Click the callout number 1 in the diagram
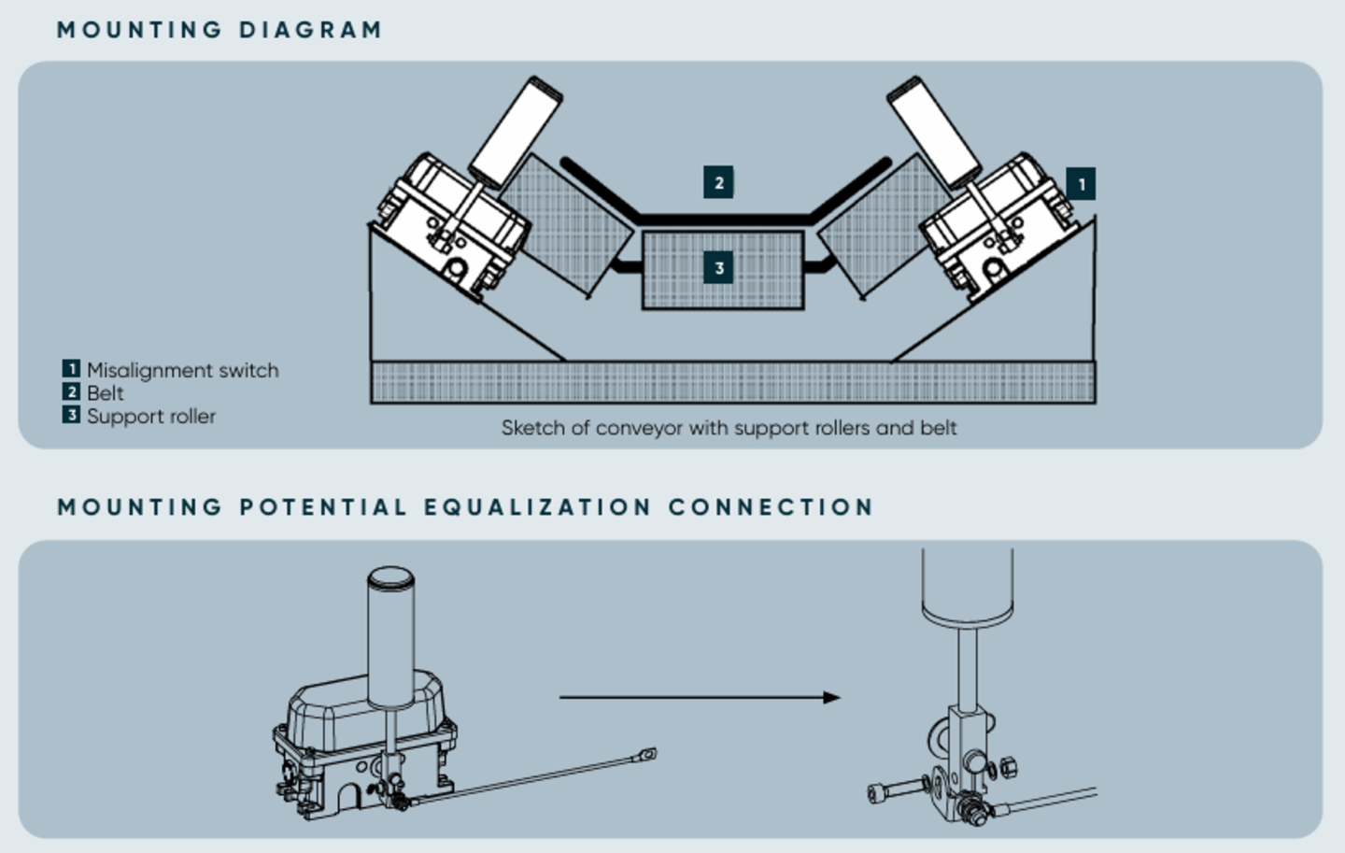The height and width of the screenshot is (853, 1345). [x=1081, y=184]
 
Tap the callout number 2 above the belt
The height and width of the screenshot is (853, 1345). [x=718, y=182]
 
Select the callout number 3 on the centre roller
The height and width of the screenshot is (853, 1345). [x=718, y=269]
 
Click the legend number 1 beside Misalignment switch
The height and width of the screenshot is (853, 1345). [x=71, y=369]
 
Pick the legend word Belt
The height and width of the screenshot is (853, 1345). [x=105, y=393]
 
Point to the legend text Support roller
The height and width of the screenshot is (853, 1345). [x=150, y=417]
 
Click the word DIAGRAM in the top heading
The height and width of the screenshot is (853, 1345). [x=310, y=30]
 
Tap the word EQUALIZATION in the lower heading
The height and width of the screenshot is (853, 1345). [x=537, y=507]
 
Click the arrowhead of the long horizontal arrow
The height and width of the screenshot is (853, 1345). [x=831, y=697]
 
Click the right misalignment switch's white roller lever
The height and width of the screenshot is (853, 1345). [x=932, y=131]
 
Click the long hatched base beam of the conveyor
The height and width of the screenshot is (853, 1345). [x=733, y=382]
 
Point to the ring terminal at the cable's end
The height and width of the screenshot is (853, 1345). [x=645, y=752]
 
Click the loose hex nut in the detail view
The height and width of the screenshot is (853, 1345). [x=1009, y=768]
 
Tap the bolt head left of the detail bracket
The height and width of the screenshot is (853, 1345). [x=878, y=792]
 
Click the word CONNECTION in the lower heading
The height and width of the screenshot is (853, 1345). [x=771, y=507]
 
